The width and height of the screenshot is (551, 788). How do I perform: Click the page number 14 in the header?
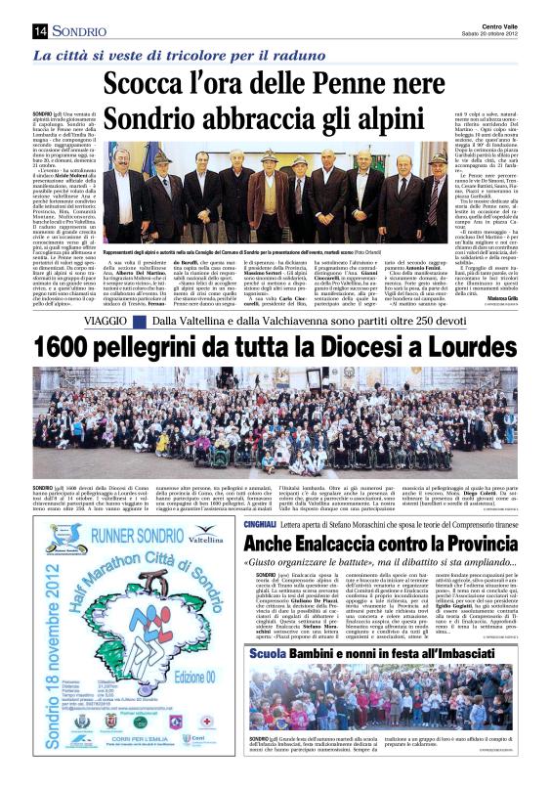pos(41,31)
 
